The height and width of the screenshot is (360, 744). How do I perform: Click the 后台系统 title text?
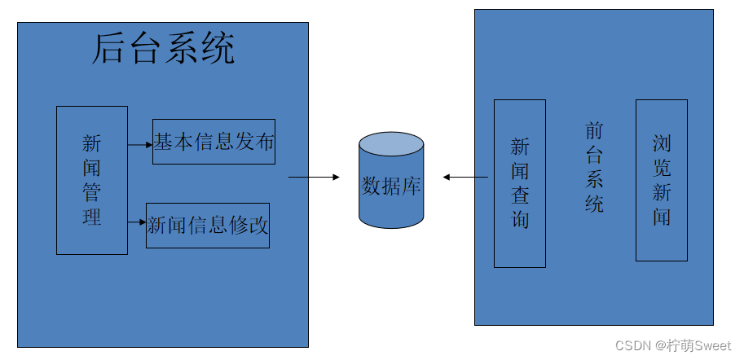(x=163, y=50)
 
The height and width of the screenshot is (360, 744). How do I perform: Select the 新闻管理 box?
(x=92, y=180)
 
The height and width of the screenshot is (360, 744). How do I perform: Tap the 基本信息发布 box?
(x=214, y=142)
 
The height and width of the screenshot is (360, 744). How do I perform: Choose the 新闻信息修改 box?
(x=207, y=226)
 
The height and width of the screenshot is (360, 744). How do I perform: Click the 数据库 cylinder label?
(x=391, y=186)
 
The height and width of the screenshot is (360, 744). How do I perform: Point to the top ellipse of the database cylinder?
(x=391, y=147)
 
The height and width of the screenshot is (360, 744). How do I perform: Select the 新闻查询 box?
(x=520, y=183)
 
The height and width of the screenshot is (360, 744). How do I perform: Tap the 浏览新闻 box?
(x=661, y=180)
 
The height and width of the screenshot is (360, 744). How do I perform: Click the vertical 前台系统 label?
(x=595, y=167)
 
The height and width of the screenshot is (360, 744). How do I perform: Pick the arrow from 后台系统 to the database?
(x=314, y=177)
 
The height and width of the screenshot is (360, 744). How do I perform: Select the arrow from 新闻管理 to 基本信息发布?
(x=139, y=145)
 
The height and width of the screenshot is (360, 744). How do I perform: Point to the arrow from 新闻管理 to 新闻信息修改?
(x=136, y=221)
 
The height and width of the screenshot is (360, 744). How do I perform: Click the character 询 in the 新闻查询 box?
(x=520, y=220)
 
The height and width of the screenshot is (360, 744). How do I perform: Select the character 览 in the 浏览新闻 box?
(x=661, y=169)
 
